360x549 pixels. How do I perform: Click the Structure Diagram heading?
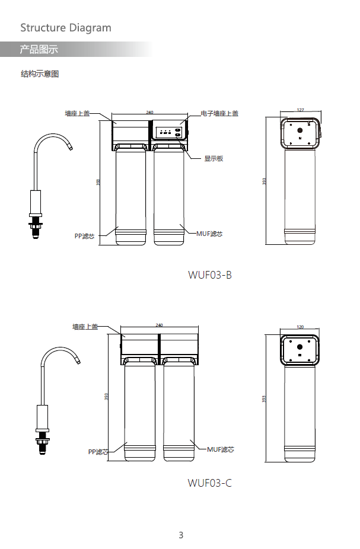66,28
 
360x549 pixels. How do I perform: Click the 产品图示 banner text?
39,50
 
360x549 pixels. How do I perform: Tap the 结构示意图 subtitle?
40,74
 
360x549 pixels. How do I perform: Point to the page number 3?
181,535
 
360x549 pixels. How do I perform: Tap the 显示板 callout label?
214,158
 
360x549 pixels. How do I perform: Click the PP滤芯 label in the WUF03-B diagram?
84,236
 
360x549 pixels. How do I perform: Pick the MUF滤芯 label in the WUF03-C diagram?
221,449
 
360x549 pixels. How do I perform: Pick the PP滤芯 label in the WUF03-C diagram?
98,452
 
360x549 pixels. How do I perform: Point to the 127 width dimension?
300,110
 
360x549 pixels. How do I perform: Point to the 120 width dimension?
300,327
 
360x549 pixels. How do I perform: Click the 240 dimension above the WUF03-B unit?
149,112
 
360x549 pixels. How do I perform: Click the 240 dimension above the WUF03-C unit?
159,325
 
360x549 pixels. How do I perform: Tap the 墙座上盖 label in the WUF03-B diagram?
77,113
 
